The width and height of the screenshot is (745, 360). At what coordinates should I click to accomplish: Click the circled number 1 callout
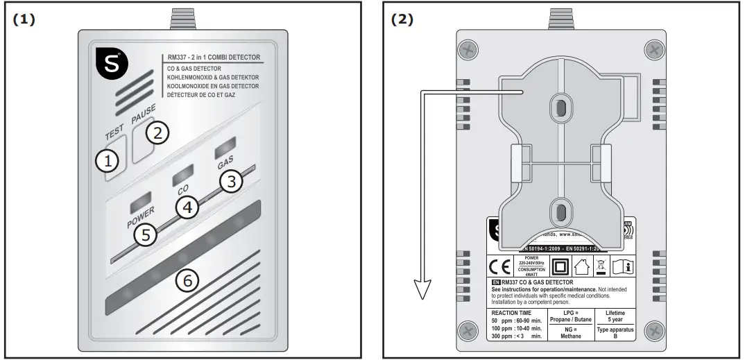tap(107, 162)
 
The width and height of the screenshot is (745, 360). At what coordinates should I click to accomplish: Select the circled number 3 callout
tap(233, 182)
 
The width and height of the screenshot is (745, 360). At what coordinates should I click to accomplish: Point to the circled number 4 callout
tap(186, 207)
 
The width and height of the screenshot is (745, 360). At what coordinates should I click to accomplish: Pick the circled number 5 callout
tap(145, 234)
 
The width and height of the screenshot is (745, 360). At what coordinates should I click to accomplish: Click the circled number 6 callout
tap(187, 281)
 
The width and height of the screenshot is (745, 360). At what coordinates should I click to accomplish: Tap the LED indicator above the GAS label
tap(224, 149)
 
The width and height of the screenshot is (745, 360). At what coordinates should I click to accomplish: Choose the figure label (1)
tap(24, 19)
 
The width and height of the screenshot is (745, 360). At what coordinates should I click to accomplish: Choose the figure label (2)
tap(402, 19)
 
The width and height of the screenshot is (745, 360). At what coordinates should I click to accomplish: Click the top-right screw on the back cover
tap(653, 49)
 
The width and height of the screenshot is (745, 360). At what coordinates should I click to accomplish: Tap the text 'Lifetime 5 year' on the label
tap(615, 317)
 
